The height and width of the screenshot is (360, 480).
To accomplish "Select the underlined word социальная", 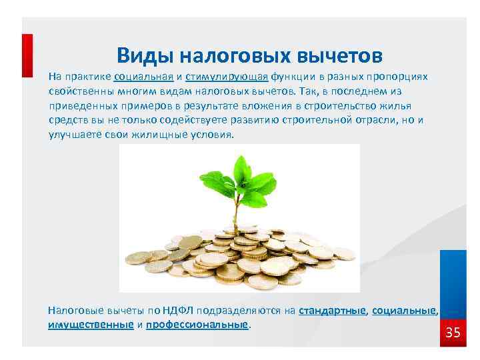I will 144,76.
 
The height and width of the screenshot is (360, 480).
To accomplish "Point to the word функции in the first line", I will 283,76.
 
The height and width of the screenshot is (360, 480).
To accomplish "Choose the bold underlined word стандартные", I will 333,310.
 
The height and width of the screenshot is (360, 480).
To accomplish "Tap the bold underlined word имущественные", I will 91,325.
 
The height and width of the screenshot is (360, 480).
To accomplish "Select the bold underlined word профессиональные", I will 197,325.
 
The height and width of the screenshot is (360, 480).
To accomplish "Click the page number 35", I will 453,333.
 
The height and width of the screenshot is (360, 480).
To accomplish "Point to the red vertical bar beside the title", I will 27,56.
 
